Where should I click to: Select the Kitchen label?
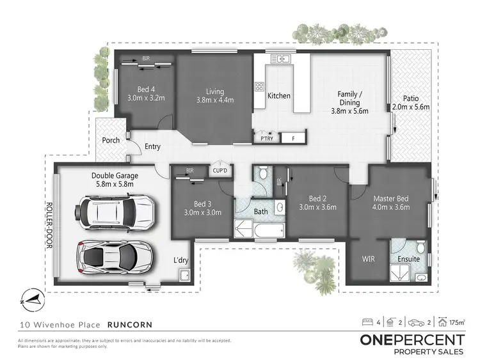click(278, 96)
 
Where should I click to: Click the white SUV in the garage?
click(115, 212)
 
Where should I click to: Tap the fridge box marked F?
click(292, 138)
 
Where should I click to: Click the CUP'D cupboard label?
click(221, 170)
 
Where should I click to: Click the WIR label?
click(369, 259)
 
